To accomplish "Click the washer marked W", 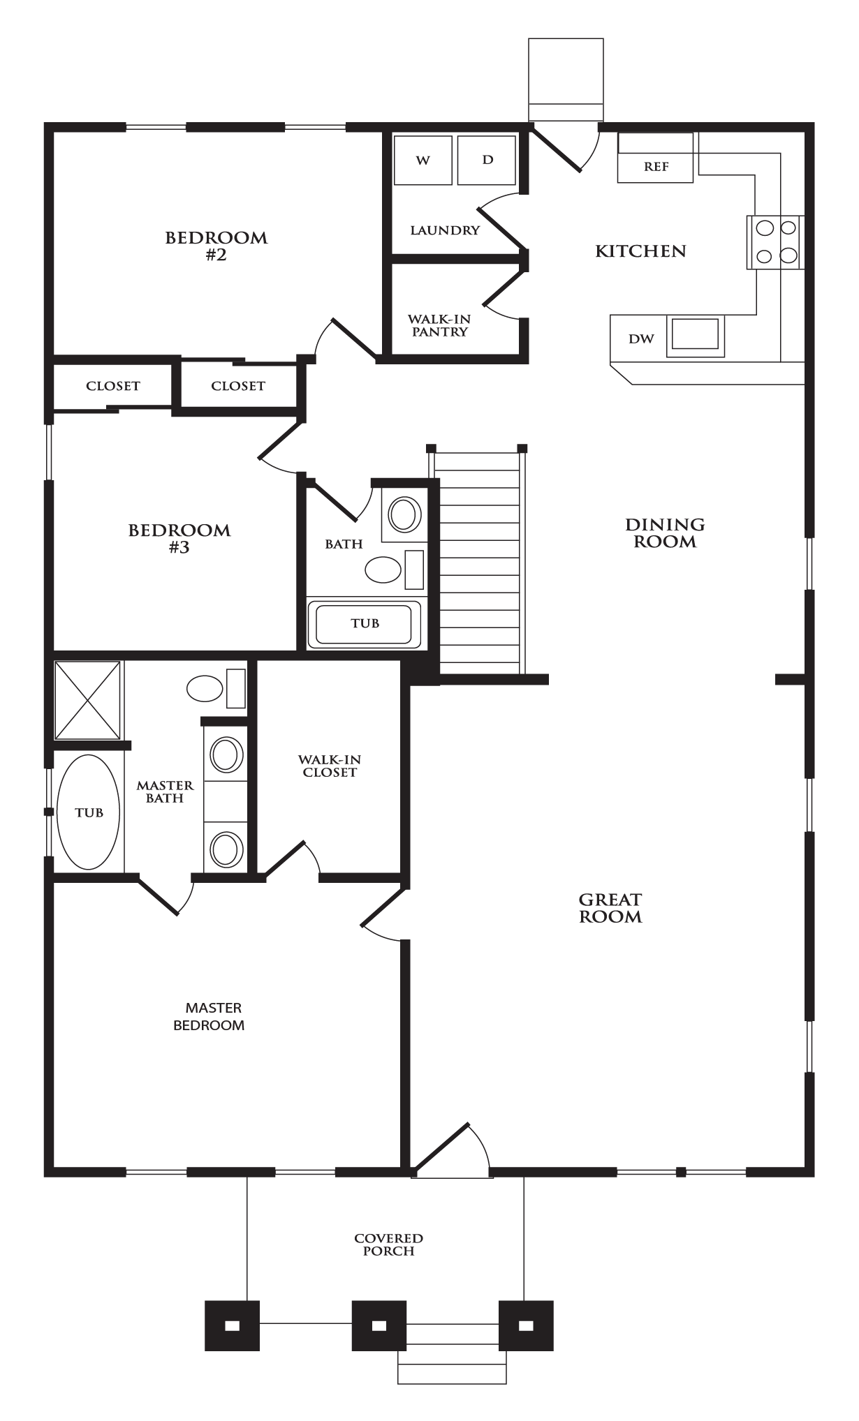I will point(423,161).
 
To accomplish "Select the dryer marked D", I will point(487,161).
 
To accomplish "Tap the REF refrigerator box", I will point(656,168).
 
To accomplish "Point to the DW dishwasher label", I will point(640,339).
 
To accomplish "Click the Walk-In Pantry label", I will point(439,325).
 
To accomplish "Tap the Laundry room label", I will point(445,230).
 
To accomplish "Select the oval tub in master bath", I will point(89,812).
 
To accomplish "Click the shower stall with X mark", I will point(88,700).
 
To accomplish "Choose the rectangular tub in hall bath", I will point(365,623).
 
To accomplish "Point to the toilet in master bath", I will point(215,689).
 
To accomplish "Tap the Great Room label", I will point(610,908).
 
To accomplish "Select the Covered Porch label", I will point(389,1244).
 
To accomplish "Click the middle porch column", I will point(379,1325).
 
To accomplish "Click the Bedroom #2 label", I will point(216,246).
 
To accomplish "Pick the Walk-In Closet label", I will point(330,766).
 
